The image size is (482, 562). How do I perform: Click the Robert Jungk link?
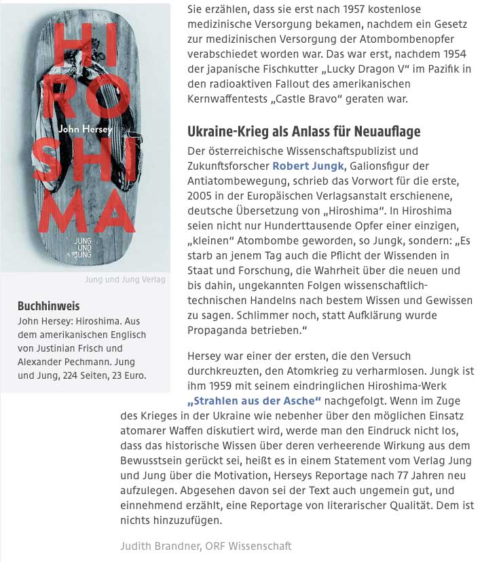[x=309, y=165]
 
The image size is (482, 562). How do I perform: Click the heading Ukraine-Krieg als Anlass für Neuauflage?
[x=303, y=131]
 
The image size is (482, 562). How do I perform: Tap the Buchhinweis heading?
[x=48, y=305]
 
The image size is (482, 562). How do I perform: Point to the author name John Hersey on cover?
[x=84, y=128]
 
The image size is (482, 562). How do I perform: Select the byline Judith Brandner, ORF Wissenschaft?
[x=206, y=545]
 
